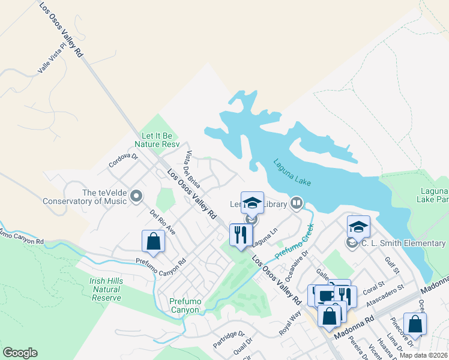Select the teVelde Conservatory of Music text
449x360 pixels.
tap(84, 197)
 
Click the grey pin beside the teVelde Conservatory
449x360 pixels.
tap(137, 196)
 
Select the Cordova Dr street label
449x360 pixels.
tap(123, 160)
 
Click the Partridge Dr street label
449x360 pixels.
tap(229, 340)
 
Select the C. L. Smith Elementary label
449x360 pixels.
tap(403, 243)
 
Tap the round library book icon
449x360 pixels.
tap(295, 204)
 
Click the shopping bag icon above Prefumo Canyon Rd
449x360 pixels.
tap(153, 241)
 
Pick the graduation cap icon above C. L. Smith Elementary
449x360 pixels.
tap(358, 226)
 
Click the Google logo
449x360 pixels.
tap(20, 353)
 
